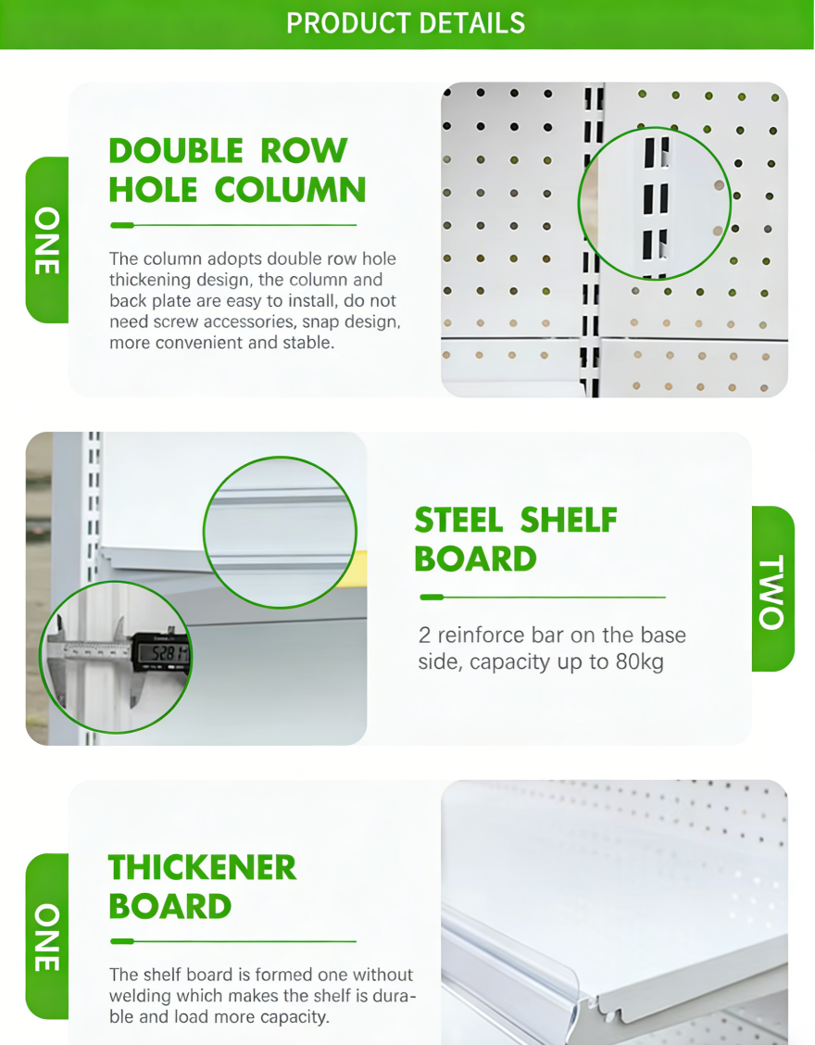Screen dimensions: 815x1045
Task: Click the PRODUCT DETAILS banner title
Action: click(406, 23)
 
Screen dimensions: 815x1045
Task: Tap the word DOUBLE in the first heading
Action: click(176, 151)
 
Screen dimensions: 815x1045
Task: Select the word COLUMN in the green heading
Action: click(291, 190)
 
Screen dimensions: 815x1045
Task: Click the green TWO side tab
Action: click(773, 588)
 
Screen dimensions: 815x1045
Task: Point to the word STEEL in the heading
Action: click(458, 521)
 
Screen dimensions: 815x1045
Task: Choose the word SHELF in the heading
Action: click(569, 521)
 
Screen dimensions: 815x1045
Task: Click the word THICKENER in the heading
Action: click(203, 868)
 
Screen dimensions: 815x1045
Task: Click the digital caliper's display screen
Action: click(163, 653)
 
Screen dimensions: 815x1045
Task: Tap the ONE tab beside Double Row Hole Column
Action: click(47, 241)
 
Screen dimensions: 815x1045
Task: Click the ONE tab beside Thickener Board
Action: click(47, 937)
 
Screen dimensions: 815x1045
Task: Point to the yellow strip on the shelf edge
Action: click(360, 569)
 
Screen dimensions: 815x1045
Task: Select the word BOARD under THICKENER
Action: click(169, 907)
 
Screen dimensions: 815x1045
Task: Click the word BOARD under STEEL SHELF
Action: click(475, 560)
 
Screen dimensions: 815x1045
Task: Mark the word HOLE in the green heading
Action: click(153, 190)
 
